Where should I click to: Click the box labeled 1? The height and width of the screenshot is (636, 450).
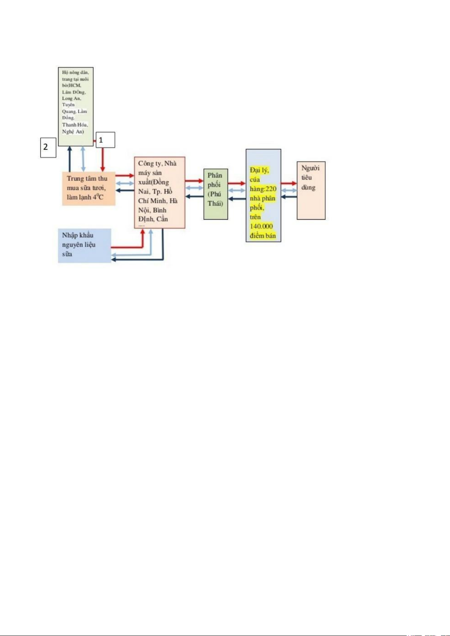pyautogui.click(x=105, y=140)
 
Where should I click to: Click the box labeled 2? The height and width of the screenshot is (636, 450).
pyautogui.click(x=48, y=147)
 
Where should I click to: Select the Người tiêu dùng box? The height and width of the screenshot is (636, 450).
pyautogui.click(x=311, y=191)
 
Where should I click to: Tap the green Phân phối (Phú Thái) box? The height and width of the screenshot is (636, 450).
pyautogui.click(x=216, y=194)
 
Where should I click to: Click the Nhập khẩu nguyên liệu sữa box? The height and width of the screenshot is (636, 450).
pyautogui.click(x=84, y=245)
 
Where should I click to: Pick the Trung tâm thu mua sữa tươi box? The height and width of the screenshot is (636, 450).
pyautogui.click(x=88, y=188)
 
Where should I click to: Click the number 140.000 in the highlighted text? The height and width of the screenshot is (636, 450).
pyautogui.click(x=261, y=226)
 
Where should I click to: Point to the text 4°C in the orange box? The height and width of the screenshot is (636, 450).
pyautogui.click(x=98, y=197)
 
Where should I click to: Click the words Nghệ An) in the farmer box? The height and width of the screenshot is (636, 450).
pyautogui.click(x=73, y=132)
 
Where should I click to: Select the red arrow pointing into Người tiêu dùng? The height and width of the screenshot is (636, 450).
pyautogui.click(x=289, y=183)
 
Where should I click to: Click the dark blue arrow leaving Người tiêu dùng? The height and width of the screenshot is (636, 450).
pyautogui.click(x=289, y=197)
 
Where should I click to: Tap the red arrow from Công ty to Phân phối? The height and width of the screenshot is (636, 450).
pyautogui.click(x=194, y=181)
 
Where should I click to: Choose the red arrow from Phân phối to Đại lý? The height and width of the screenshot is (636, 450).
pyautogui.click(x=237, y=183)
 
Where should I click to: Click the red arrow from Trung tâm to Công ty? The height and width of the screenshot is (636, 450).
pyautogui.click(x=125, y=175)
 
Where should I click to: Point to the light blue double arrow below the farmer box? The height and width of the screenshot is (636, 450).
pyautogui.click(x=83, y=159)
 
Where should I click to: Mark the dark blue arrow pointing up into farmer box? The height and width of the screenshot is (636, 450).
pyautogui.click(x=69, y=159)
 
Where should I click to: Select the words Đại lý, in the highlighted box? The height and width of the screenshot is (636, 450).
pyautogui.click(x=259, y=170)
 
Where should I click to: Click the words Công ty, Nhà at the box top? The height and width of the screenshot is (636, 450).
pyautogui.click(x=157, y=163)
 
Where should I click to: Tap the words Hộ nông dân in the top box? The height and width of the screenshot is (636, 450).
pyautogui.click(x=75, y=72)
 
